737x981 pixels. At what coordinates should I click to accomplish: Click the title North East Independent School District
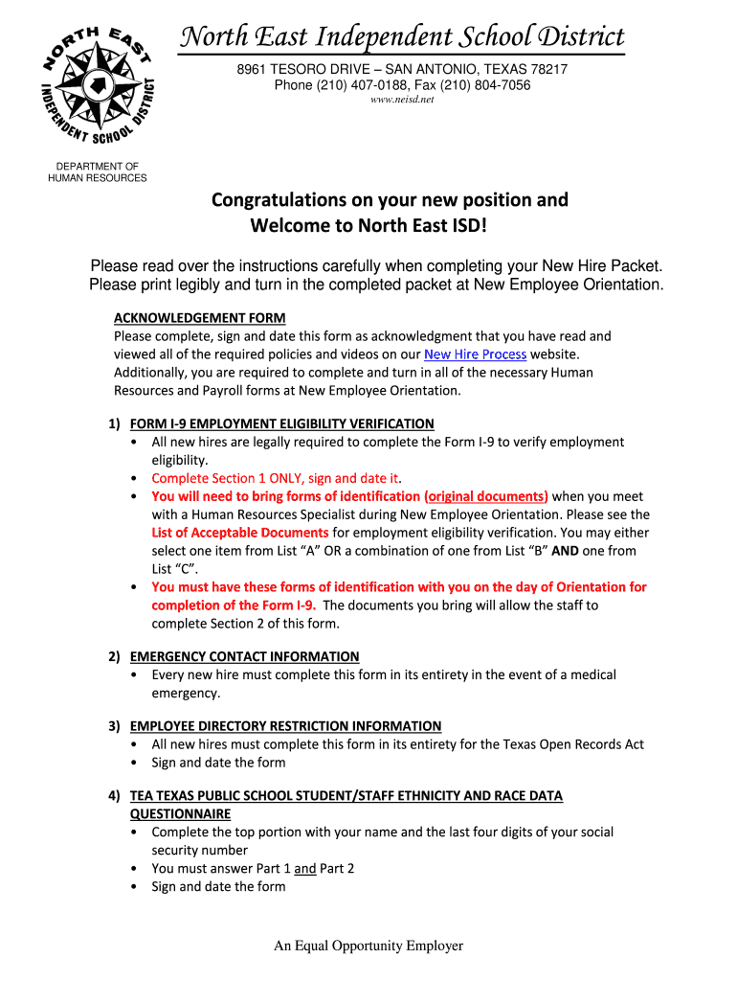[402, 37]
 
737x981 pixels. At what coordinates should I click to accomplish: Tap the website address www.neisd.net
[402, 100]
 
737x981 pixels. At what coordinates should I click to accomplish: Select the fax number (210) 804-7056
[488, 85]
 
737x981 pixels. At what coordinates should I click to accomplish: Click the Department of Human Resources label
[98, 172]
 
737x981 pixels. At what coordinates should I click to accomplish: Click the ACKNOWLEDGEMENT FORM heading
[200, 318]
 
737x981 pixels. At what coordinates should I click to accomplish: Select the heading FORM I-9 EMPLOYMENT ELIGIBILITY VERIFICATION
[281, 423]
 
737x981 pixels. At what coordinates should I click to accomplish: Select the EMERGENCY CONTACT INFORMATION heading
[244, 656]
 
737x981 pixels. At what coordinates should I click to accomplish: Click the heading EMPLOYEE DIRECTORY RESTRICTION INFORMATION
[285, 726]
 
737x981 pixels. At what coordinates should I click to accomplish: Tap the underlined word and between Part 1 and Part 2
[304, 869]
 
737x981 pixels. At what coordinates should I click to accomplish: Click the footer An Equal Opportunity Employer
[368, 947]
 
